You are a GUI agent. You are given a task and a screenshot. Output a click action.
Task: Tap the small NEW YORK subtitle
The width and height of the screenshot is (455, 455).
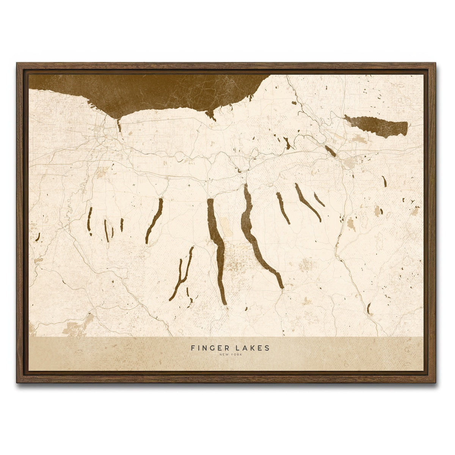click(230, 355)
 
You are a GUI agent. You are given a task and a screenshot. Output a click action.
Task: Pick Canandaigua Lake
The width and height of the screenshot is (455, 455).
click(155, 220)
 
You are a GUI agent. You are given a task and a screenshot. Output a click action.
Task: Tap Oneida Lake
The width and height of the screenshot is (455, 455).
click(375, 126)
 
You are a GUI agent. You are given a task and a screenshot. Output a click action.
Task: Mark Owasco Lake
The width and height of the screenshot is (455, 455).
click(283, 208)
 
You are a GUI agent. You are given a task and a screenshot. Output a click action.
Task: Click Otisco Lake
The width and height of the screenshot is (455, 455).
click(319, 200)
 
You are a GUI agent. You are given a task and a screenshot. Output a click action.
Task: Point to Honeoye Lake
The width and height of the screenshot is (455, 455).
click(122, 224)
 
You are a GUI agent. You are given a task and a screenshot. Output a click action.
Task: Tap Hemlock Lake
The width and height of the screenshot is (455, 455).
click(106, 230)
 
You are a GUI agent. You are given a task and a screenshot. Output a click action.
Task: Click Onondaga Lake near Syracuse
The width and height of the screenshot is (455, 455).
click(330, 151)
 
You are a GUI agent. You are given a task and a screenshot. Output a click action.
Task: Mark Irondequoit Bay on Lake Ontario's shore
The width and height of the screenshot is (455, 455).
click(119, 126)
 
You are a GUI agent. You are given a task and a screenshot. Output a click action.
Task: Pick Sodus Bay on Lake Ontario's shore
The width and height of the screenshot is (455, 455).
click(210, 115)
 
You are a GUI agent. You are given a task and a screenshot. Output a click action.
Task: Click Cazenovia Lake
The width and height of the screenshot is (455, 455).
click(384, 181)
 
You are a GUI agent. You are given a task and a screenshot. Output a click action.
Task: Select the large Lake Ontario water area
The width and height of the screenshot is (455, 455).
click(159, 91)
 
